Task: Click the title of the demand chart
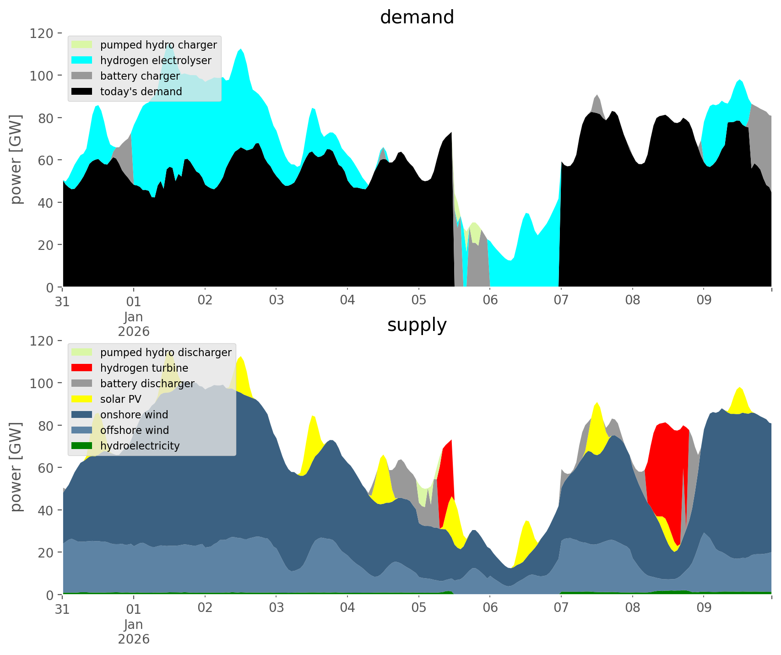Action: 417,17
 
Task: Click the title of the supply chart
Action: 417,325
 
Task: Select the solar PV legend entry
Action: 120,399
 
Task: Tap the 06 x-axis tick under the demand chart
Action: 490,301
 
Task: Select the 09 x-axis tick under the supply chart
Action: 704,608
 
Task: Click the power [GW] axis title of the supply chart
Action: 16,467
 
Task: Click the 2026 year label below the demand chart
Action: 134,331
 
